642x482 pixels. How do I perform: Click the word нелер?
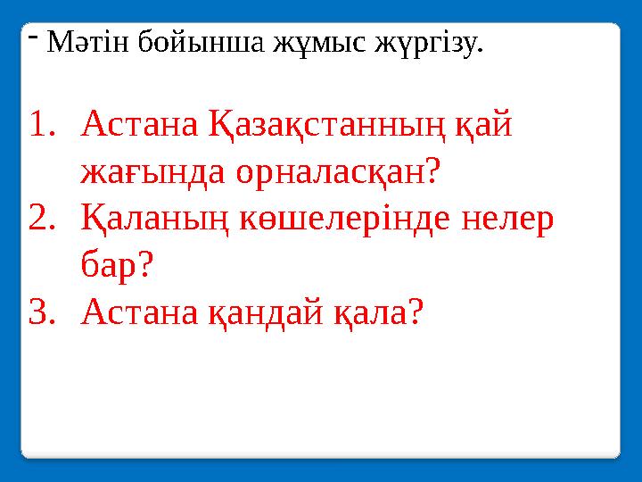coord(514,217)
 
